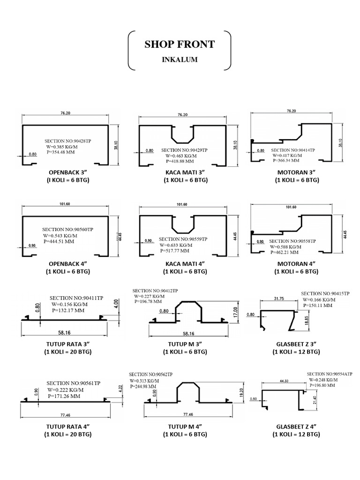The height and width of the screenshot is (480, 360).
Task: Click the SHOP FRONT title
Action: coord(180,45)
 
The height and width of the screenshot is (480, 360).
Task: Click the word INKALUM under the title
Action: coord(180,60)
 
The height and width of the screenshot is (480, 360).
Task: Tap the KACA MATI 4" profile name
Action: coord(186,263)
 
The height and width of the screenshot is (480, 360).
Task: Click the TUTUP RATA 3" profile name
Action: coord(68,343)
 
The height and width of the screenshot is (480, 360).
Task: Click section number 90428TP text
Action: coord(69,141)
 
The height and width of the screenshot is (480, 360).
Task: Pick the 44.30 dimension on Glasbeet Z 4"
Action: coord(282,381)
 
